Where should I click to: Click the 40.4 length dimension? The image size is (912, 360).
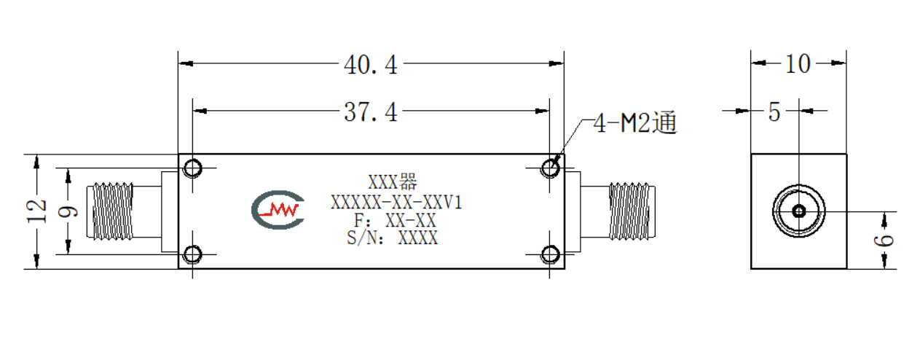(371, 65)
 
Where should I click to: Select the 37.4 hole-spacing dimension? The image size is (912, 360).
(371, 112)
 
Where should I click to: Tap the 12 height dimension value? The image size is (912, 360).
(36, 211)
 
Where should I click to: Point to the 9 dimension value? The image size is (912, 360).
(68, 211)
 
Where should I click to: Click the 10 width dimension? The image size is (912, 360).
(798, 64)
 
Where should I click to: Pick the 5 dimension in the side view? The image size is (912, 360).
(774, 112)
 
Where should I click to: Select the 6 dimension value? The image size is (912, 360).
(884, 240)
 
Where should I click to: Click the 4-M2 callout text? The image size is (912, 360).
(635, 122)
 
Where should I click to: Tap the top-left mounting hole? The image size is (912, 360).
(192, 168)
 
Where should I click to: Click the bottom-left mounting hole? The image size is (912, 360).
(192, 255)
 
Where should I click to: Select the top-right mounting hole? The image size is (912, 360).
(550, 168)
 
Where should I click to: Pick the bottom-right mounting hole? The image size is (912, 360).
(550, 255)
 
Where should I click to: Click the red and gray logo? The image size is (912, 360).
(278, 210)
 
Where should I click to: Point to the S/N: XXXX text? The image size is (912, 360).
(393, 238)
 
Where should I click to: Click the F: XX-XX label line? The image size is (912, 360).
(395, 220)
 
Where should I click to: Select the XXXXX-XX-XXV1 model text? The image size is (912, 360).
(396, 203)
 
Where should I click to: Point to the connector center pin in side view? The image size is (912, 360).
(799, 211)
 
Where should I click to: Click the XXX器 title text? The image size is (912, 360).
(393, 182)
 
